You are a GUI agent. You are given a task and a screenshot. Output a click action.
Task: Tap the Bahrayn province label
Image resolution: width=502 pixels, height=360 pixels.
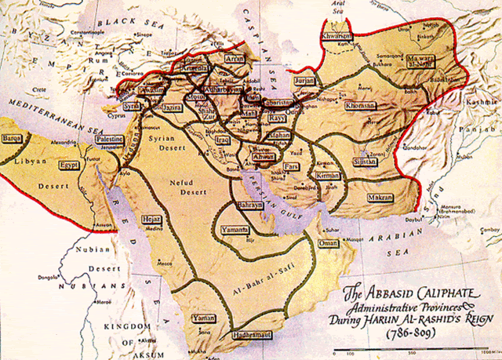pos(250,205)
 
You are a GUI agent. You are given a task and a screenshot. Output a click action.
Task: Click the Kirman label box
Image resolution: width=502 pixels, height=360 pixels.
pos(329,176)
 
